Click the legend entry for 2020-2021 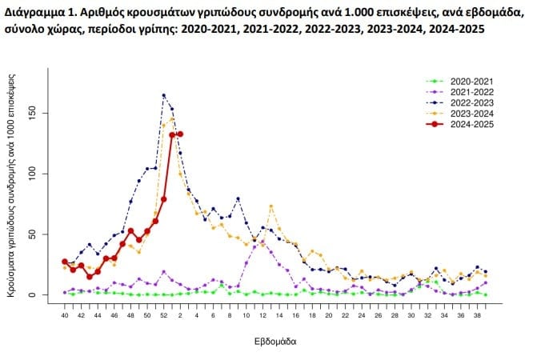point(471,82)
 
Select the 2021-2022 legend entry point(471,92)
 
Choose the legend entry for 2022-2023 point(471,102)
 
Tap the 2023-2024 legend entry point(471,113)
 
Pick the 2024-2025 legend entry point(471,123)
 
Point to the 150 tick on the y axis point(43,113)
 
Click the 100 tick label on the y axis point(43,174)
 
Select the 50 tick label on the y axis point(43,234)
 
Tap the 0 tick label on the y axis point(43,295)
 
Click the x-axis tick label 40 point(65,315)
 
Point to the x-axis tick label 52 point(163,315)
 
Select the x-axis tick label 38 point(477,315)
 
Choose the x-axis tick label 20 point(312,315)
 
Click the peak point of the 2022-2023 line point(163,95)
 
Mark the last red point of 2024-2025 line point(180,134)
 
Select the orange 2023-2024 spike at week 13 point(271,206)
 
